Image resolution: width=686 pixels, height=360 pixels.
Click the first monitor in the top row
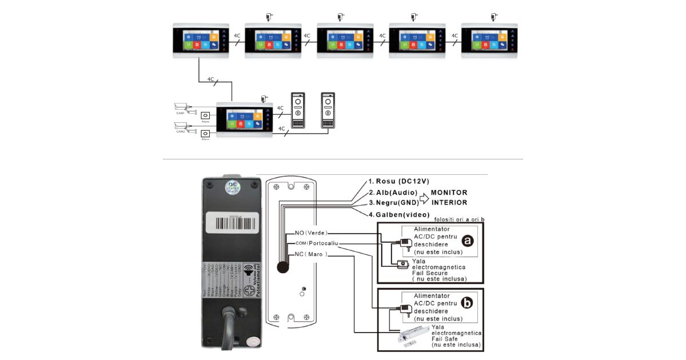[201, 41]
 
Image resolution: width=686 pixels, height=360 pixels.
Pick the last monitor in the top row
[489, 41]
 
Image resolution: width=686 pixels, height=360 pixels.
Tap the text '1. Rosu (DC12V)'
[398, 181]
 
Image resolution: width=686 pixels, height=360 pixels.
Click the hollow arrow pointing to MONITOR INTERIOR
[424, 198]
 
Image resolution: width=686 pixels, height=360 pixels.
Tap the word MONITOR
[449, 193]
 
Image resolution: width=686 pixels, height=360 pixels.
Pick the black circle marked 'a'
[468, 241]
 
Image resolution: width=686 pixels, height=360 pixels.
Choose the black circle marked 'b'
[468, 303]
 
